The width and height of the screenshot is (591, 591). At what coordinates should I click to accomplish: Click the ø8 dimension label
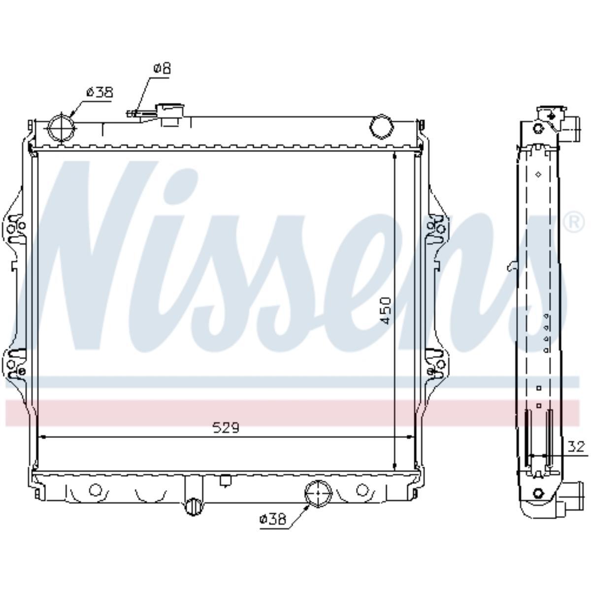tap(162, 68)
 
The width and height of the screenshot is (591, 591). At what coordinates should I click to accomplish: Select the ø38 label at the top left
tap(99, 92)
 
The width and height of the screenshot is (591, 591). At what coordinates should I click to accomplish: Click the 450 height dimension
tap(386, 310)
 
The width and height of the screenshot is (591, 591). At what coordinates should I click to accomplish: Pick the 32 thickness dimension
tap(576, 447)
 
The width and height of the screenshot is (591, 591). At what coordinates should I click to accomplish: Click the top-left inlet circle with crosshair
tap(62, 128)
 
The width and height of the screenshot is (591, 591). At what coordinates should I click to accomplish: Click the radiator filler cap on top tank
tap(170, 115)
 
